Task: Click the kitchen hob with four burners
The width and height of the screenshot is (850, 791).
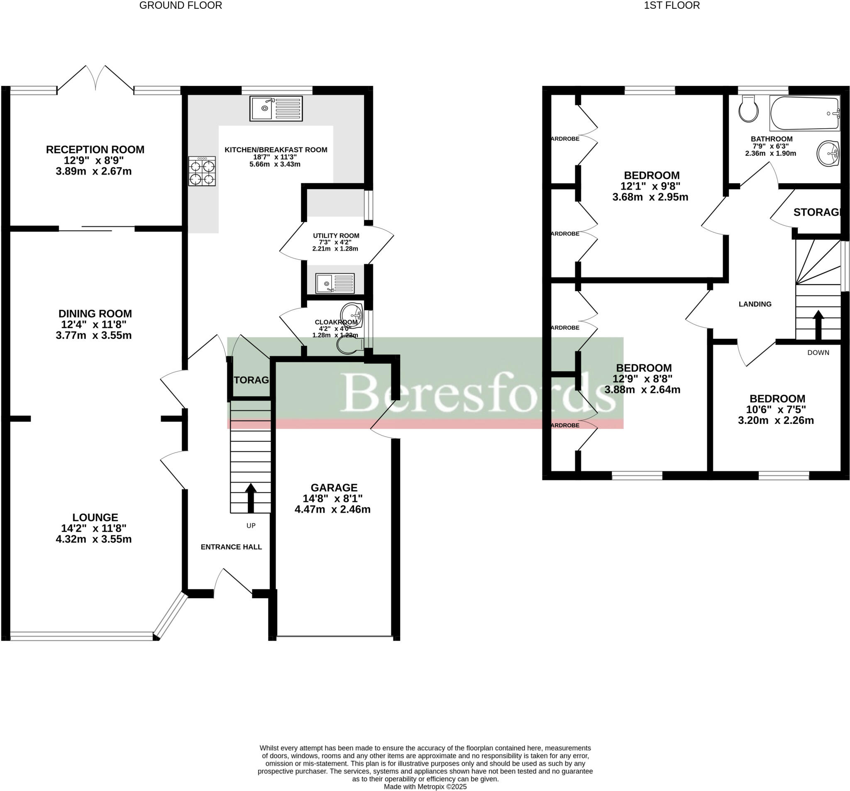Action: pos(202,171)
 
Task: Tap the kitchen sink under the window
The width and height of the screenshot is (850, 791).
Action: pos(276,108)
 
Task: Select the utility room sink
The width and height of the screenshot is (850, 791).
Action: pos(335,283)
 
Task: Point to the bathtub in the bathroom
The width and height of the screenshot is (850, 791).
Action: pos(804,113)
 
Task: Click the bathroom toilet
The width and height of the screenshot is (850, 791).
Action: pos(748,109)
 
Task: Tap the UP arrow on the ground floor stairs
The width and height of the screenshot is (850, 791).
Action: pos(251,498)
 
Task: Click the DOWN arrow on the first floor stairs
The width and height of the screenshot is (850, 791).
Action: pos(818,325)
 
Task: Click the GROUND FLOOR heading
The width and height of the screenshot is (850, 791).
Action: pos(181,5)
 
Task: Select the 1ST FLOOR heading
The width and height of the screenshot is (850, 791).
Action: pos(672,5)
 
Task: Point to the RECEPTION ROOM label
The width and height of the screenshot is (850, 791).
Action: pos(95,150)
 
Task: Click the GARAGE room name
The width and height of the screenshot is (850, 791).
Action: pos(334,488)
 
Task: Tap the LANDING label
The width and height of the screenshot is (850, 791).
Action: pos(755,304)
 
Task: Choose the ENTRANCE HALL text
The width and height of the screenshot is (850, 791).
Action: pos(231,547)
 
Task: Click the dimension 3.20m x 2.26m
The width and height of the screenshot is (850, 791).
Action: pos(776,421)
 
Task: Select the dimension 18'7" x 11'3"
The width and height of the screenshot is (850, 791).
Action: pos(275,157)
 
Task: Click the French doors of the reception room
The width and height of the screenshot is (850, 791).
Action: pos(95,79)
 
